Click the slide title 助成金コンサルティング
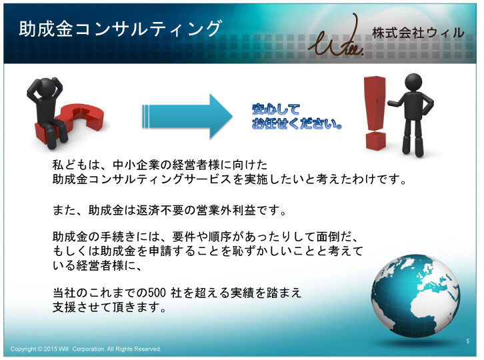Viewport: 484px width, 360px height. [121, 29]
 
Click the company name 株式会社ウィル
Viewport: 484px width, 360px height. [418, 33]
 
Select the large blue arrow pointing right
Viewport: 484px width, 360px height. [187, 117]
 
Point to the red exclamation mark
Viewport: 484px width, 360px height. [375, 113]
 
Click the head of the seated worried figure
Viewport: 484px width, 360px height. [46, 87]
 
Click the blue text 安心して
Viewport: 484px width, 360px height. [275, 109]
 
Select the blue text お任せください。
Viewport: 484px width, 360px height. [297, 123]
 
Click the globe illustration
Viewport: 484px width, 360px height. [415, 295]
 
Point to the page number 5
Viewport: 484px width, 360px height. [468, 341]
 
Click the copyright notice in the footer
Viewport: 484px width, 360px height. [85, 349]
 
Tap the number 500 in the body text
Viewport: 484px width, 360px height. [157, 293]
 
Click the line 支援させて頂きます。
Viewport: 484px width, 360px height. [110, 307]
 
